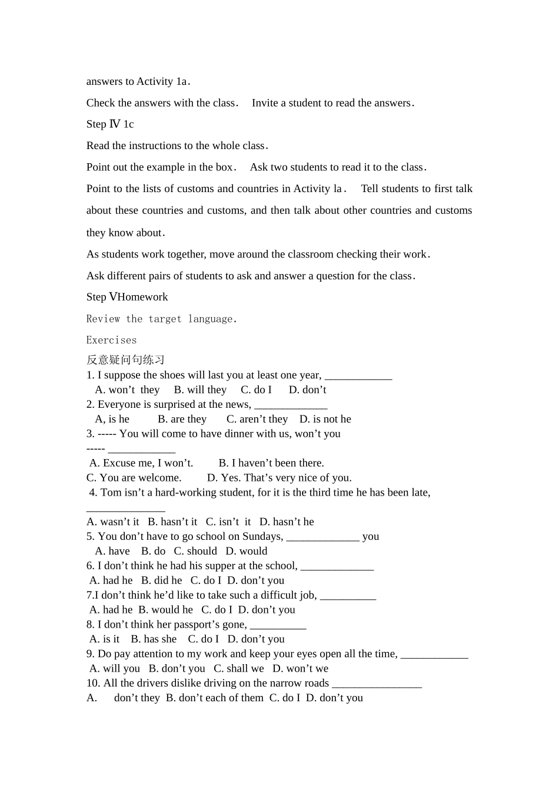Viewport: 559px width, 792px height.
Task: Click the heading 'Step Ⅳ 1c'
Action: (110, 124)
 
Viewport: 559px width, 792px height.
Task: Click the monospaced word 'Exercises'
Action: (111, 340)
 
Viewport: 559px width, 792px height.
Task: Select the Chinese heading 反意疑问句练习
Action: (125, 359)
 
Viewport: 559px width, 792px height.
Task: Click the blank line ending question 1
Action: (358, 375)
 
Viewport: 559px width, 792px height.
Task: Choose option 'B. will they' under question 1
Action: (200, 390)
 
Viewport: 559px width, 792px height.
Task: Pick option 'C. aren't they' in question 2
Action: (257, 420)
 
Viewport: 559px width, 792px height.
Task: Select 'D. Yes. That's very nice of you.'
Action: (279, 478)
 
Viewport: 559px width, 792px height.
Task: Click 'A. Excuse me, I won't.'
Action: (141, 463)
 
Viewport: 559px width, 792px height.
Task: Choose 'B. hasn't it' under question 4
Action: (172, 522)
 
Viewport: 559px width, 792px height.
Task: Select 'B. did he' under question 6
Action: (161, 580)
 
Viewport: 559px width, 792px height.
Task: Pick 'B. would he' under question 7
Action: (165, 610)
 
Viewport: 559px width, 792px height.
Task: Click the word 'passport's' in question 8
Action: (195, 625)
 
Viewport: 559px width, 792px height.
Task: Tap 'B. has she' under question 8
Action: (154, 639)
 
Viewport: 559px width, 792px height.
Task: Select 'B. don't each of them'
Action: (215, 698)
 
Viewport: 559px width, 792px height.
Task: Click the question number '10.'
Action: (93, 684)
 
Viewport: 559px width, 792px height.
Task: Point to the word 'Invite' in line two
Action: (265, 103)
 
